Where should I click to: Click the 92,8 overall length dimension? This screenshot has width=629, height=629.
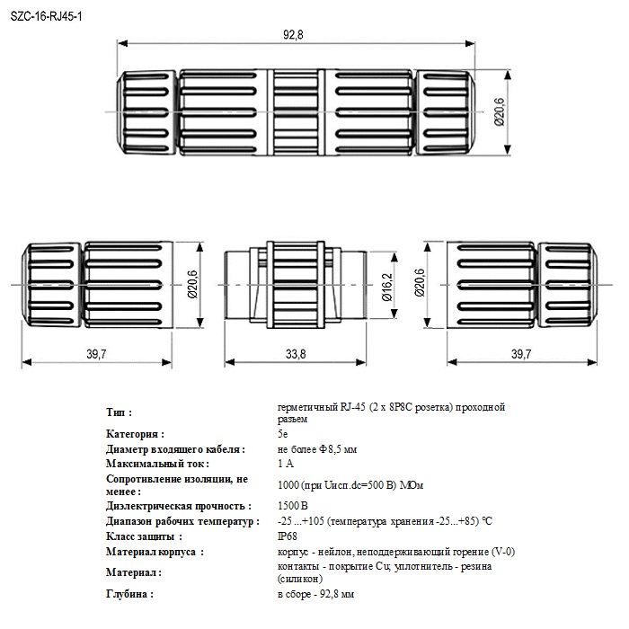point(293,34)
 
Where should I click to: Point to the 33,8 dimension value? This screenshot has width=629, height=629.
point(296,355)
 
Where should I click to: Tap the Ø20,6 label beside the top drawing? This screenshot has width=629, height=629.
point(499,112)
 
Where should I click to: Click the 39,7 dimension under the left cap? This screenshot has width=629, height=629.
point(97,355)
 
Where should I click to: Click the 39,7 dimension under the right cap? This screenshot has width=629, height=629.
point(519,355)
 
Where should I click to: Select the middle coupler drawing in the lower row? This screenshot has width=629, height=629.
point(294,286)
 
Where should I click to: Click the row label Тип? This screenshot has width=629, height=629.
point(119,412)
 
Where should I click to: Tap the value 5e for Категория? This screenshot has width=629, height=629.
point(283,434)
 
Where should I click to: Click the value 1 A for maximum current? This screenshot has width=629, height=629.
point(286,464)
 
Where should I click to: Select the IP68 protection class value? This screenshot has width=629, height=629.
point(288,536)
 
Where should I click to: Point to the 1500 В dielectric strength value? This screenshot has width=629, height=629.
point(294,507)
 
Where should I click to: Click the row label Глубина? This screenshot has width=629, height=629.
point(129,594)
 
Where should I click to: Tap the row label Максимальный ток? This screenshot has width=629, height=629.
point(157,464)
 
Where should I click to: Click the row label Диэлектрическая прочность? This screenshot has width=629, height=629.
point(178,507)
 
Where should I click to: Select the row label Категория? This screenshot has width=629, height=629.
point(135,434)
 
